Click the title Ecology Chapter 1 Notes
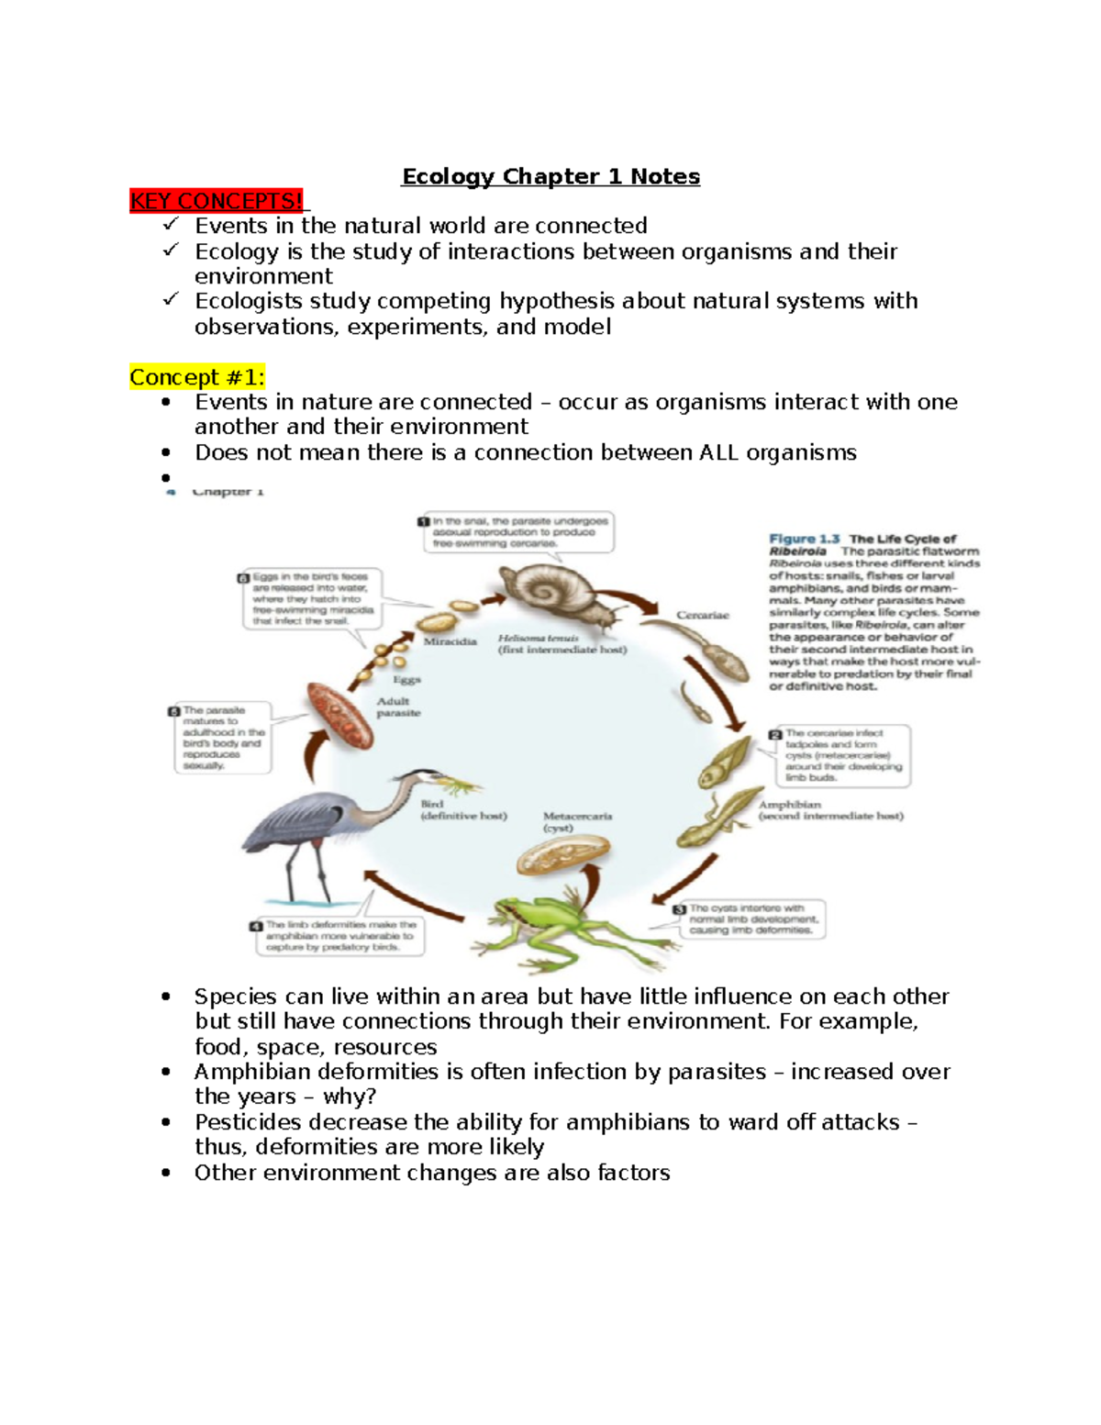point(550,176)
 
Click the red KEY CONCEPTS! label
point(217,201)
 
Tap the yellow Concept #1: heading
point(197,377)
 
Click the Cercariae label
point(703,615)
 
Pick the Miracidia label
point(450,642)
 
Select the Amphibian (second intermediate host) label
point(830,810)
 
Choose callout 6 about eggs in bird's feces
point(309,598)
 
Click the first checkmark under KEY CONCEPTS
point(171,225)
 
